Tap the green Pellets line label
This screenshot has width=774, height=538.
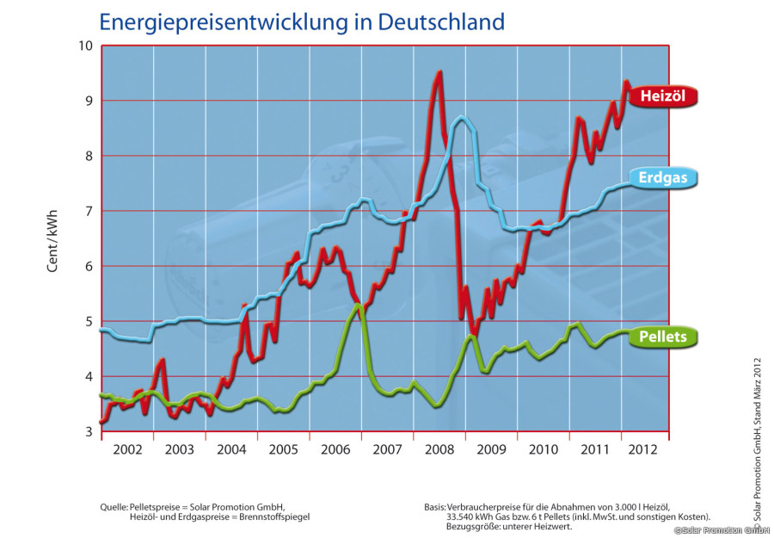point(663,337)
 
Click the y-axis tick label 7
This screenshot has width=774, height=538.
point(88,211)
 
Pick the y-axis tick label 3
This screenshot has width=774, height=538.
point(88,431)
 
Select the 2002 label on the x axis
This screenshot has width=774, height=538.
point(126,449)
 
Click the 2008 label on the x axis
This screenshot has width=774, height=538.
point(439,449)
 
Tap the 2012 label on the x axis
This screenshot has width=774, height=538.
point(643,449)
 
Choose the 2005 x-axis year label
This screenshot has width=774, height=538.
point(283,449)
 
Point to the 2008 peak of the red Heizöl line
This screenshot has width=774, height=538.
point(439,73)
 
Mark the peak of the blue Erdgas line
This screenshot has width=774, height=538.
point(463,117)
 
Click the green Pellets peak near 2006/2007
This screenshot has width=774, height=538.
point(358,305)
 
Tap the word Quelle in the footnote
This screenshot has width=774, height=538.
point(114,506)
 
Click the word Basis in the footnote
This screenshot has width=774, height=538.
point(435,506)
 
